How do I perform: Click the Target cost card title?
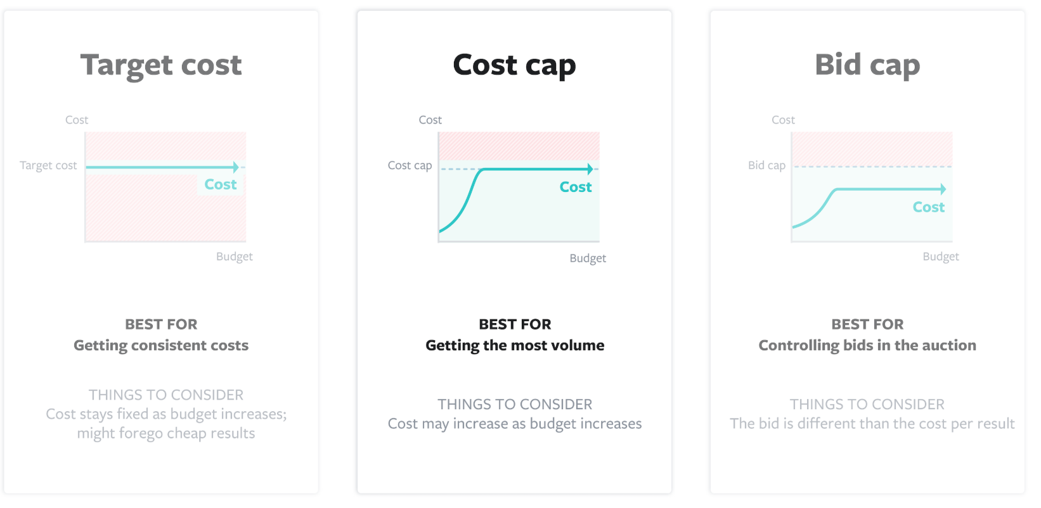[x=161, y=65]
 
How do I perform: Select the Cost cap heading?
[x=514, y=65]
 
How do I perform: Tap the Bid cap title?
[x=867, y=65]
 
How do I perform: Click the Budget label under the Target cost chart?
[x=234, y=257]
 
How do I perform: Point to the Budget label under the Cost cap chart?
[x=588, y=258]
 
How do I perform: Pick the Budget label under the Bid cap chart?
[x=940, y=257]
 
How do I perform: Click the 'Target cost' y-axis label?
[x=48, y=165]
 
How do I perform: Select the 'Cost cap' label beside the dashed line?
[x=410, y=165]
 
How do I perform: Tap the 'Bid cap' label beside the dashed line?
[x=766, y=165]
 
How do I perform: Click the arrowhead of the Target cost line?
[x=236, y=167]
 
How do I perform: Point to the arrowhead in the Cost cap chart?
[x=590, y=169]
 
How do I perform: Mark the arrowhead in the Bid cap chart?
[x=943, y=189]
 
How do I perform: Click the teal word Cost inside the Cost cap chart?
[x=576, y=187]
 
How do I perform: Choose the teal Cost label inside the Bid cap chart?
[x=928, y=207]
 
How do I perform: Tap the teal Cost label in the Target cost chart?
[x=220, y=184]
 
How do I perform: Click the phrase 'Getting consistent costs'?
[x=161, y=345]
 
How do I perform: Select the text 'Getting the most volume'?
[x=515, y=345]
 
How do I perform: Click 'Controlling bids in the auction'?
[x=867, y=345]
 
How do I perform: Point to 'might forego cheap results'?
[x=166, y=433]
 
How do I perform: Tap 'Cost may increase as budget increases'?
[x=515, y=424]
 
